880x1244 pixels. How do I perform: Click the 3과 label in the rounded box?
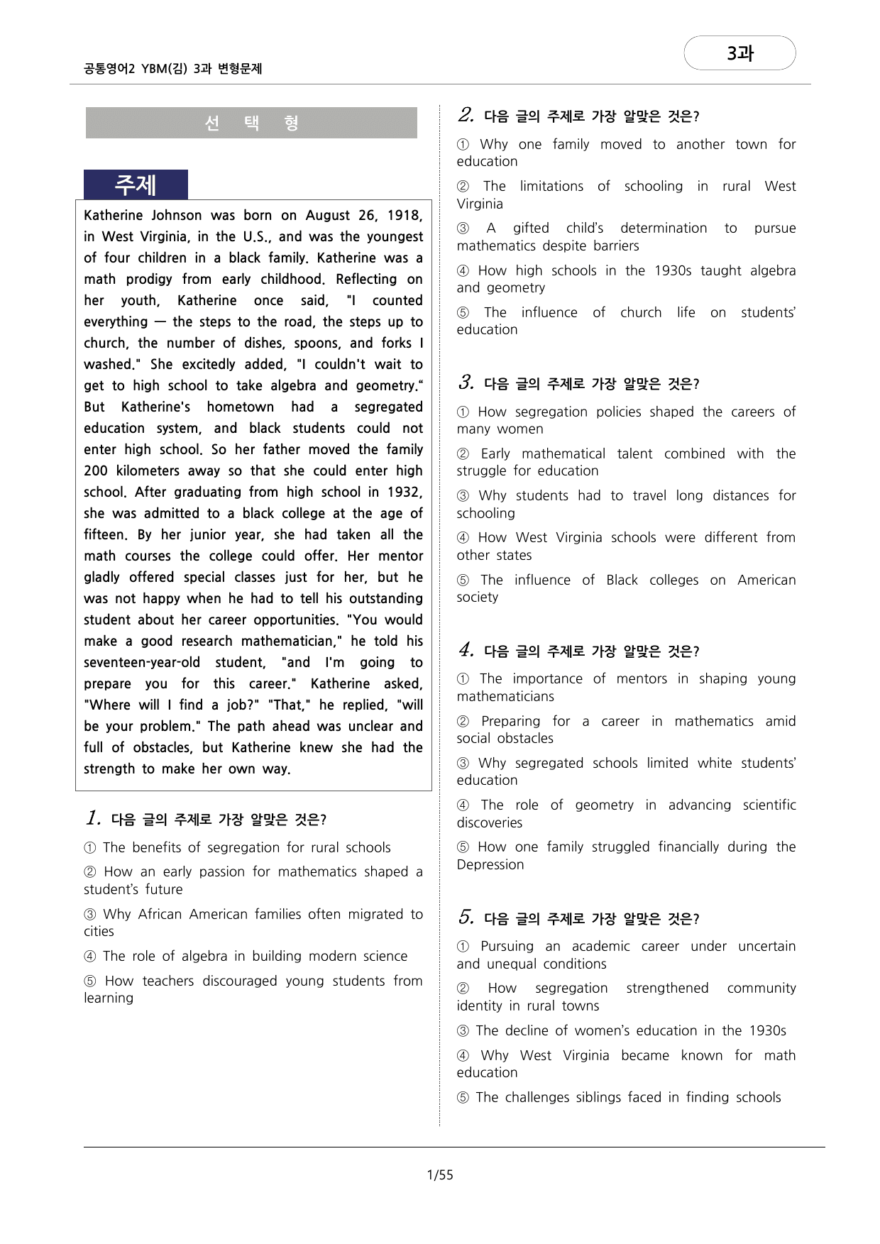tap(739, 53)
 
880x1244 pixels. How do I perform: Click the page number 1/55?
tap(440, 1174)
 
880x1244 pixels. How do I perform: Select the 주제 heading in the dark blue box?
tap(136, 185)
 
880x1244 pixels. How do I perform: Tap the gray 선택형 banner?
tap(251, 123)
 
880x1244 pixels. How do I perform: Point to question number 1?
tap(93, 818)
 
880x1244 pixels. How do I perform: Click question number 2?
tap(466, 115)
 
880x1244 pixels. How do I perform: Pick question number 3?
tap(466, 382)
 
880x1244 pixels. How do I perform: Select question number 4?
tap(466, 650)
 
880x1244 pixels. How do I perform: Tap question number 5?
tap(466, 918)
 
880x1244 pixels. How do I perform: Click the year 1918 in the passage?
tap(405, 216)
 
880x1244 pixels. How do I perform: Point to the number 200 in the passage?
tap(96, 471)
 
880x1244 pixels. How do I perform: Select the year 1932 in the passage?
tap(405, 492)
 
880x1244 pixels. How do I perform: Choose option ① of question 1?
tap(90, 848)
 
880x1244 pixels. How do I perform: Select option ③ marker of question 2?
tap(463, 229)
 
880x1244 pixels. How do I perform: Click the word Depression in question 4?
tap(490, 864)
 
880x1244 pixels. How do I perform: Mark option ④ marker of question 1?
tap(90, 957)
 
